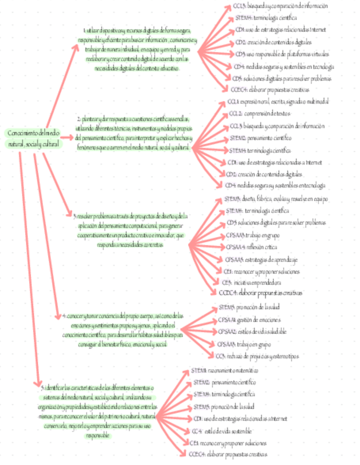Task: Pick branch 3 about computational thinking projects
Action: pyautogui.click(x=130, y=230)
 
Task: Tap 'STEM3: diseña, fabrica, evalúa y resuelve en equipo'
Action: pyautogui.click(x=269, y=199)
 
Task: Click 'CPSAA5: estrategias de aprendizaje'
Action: pyautogui.click(x=262, y=259)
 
